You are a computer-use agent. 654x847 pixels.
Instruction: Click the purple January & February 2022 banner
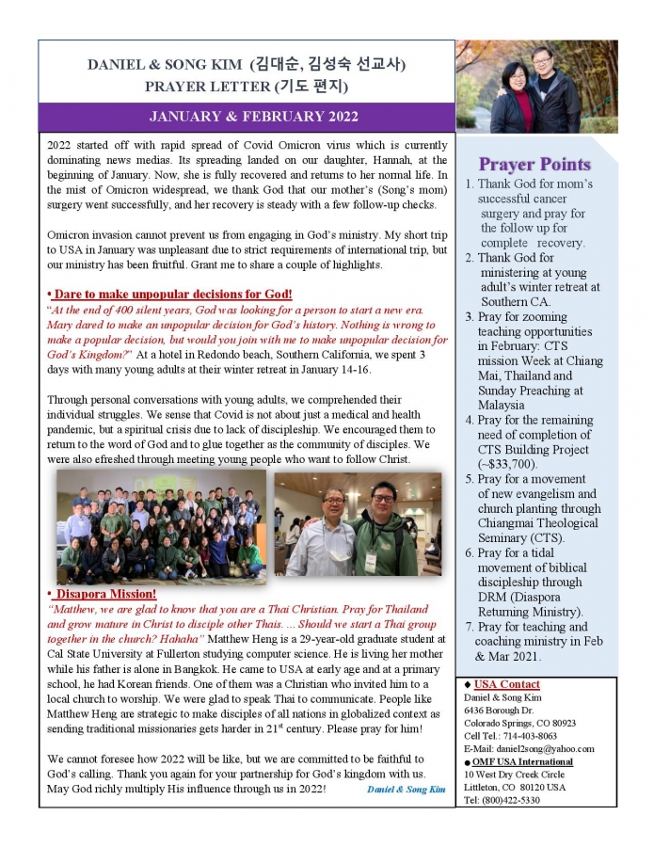247,117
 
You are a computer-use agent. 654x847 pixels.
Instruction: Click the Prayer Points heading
534,165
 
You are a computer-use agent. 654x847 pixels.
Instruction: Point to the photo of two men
357,524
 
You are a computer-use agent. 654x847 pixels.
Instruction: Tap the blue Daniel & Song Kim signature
407,789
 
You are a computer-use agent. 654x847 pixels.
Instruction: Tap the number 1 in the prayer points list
469,184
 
